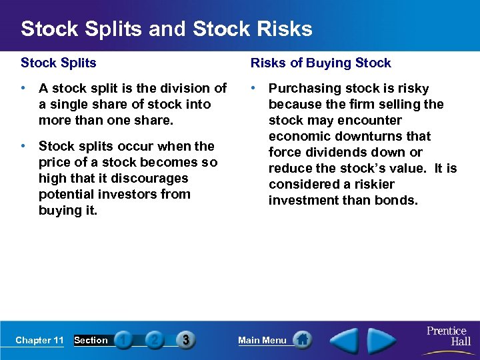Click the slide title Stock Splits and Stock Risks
tap(166, 29)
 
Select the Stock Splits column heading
tap(59, 63)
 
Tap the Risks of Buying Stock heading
tap(321, 63)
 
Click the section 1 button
tap(123, 340)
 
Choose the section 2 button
tap(154, 340)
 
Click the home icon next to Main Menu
tap(303, 340)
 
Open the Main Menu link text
tap(262, 341)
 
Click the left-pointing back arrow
tap(345, 340)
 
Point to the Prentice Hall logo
tap(447, 335)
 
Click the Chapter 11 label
tap(39, 341)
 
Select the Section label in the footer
tap(91, 341)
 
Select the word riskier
tap(369, 184)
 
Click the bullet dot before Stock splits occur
tap(24, 146)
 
